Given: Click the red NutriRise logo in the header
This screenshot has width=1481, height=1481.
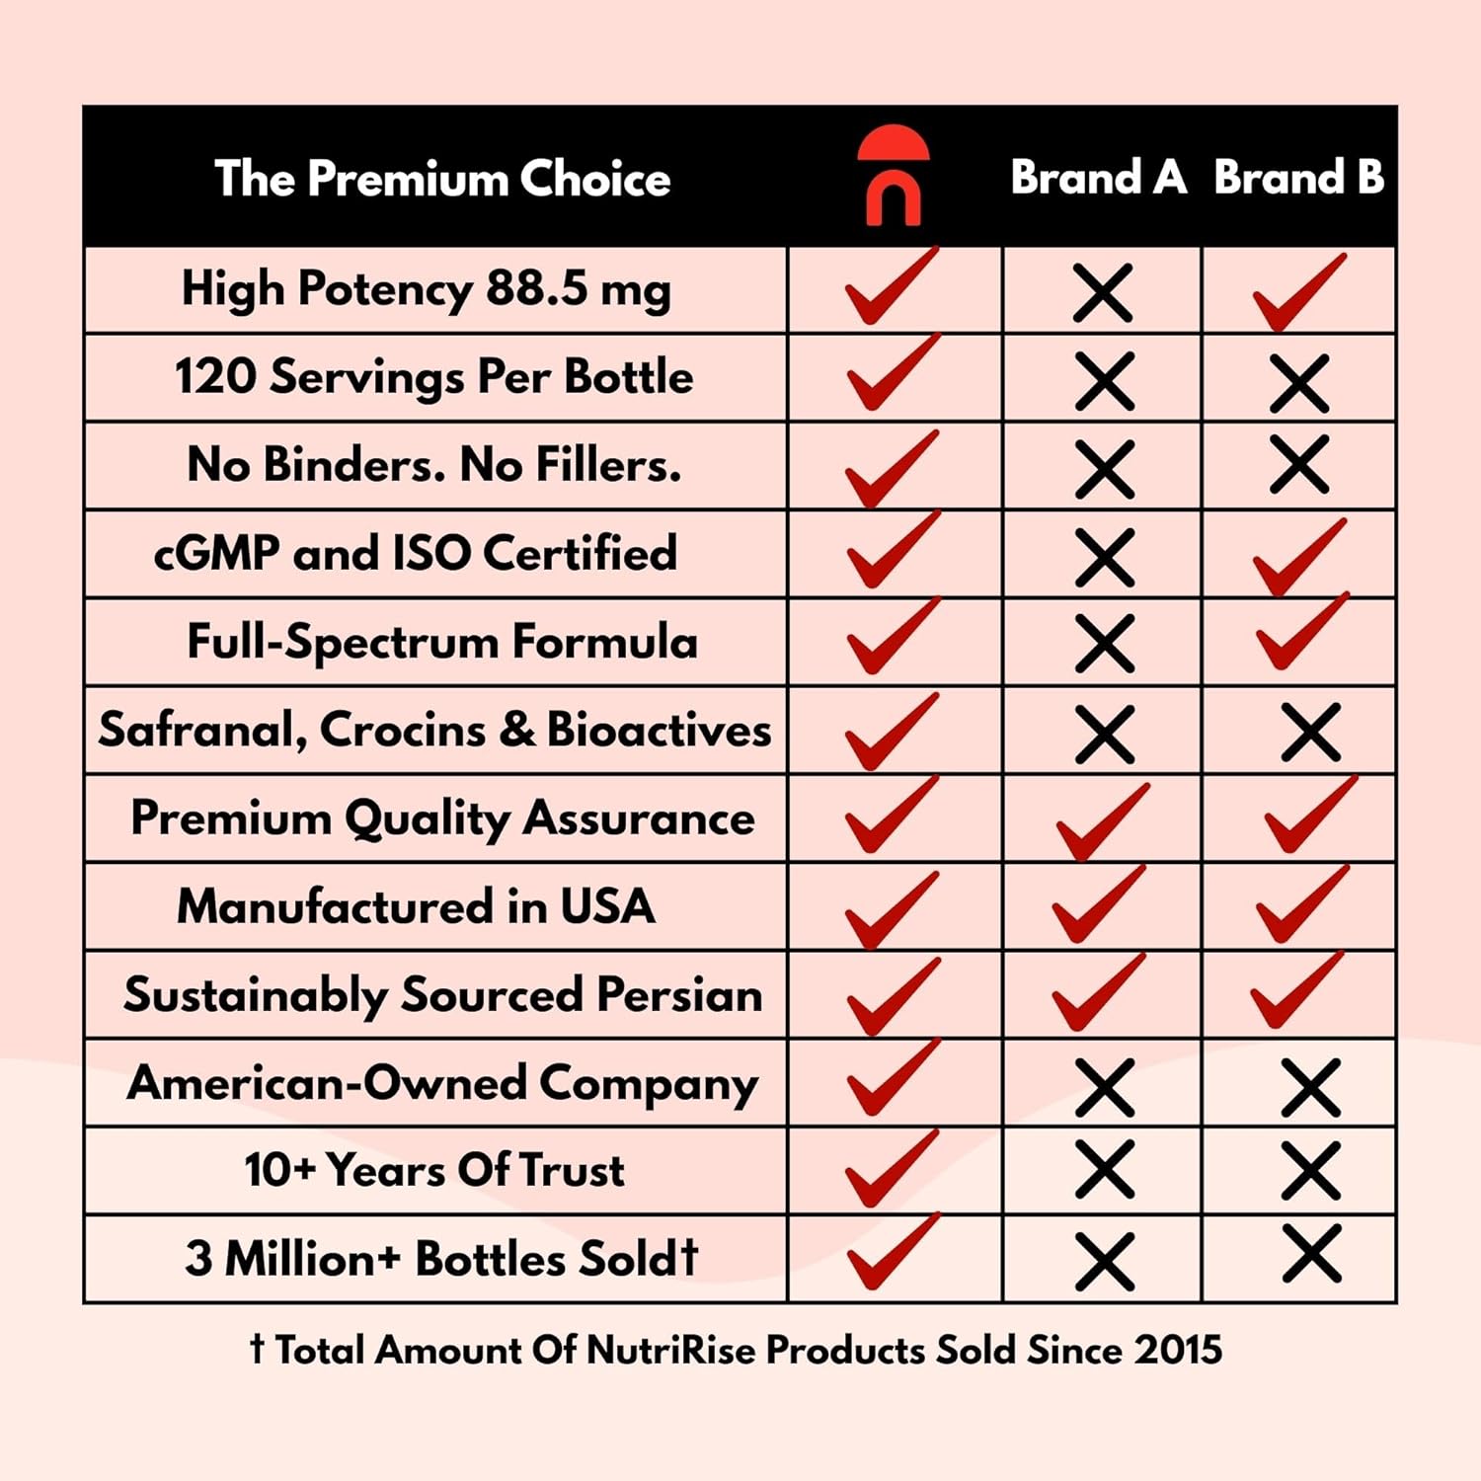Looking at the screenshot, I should tap(894, 176).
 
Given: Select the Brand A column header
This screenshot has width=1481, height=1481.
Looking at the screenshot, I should tap(1098, 178).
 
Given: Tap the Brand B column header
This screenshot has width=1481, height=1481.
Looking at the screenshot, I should tap(1298, 178).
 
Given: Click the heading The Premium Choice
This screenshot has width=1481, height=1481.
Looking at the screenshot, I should tap(442, 179).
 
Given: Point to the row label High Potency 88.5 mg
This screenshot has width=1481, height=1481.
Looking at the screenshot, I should tap(426, 289).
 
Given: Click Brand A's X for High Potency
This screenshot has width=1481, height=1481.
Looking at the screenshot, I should tap(1103, 293).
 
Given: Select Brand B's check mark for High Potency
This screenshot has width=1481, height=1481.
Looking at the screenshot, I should tap(1296, 293).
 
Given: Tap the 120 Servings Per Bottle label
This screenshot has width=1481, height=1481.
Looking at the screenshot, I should tap(433, 377).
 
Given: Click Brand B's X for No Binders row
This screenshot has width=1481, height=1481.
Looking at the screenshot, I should tap(1299, 464).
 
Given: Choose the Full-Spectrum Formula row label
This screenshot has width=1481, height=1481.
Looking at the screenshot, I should tap(442, 642).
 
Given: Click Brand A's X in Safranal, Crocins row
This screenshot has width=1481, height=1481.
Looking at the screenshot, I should tap(1104, 734).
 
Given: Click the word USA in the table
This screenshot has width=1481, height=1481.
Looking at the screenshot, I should tap(607, 906).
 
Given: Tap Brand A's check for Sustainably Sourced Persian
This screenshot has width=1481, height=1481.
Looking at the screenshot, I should tap(1097, 992).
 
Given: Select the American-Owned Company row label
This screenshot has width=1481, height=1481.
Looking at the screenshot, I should tap(442, 1083).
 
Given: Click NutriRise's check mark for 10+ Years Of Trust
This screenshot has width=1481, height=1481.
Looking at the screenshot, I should tap(891, 1169).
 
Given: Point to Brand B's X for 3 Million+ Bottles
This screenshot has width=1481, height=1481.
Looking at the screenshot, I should tap(1311, 1254).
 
